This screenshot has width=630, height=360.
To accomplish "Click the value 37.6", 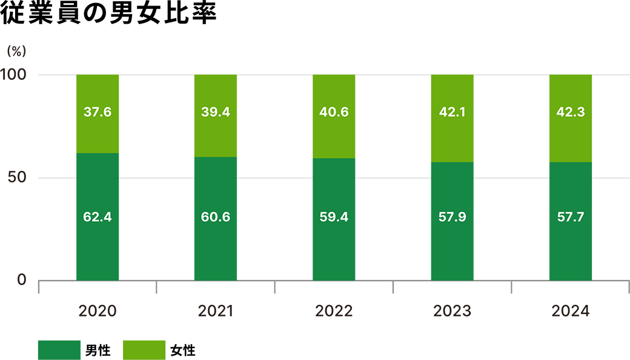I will [x=97, y=112].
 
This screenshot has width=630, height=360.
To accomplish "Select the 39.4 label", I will [x=215, y=112].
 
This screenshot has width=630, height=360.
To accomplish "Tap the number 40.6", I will [x=334, y=112].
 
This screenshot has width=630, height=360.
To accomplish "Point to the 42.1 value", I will [x=452, y=112].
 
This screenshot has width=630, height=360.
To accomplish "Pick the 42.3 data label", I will [x=570, y=112].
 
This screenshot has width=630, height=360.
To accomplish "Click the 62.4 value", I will [x=97, y=216].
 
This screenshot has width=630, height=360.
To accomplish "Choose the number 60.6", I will [x=215, y=216].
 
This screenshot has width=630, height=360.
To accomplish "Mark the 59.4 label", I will [x=334, y=216].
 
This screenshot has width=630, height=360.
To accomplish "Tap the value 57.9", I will [x=452, y=216].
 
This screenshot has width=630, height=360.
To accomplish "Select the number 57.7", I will [x=570, y=216].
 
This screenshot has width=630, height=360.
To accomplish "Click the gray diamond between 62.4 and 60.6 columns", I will [x=156, y=178].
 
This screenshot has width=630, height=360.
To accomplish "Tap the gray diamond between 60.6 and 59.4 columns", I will [x=274, y=178].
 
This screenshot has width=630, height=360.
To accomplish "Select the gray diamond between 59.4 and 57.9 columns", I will [x=393, y=178].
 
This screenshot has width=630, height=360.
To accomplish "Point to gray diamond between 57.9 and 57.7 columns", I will [x=511, y=178].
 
